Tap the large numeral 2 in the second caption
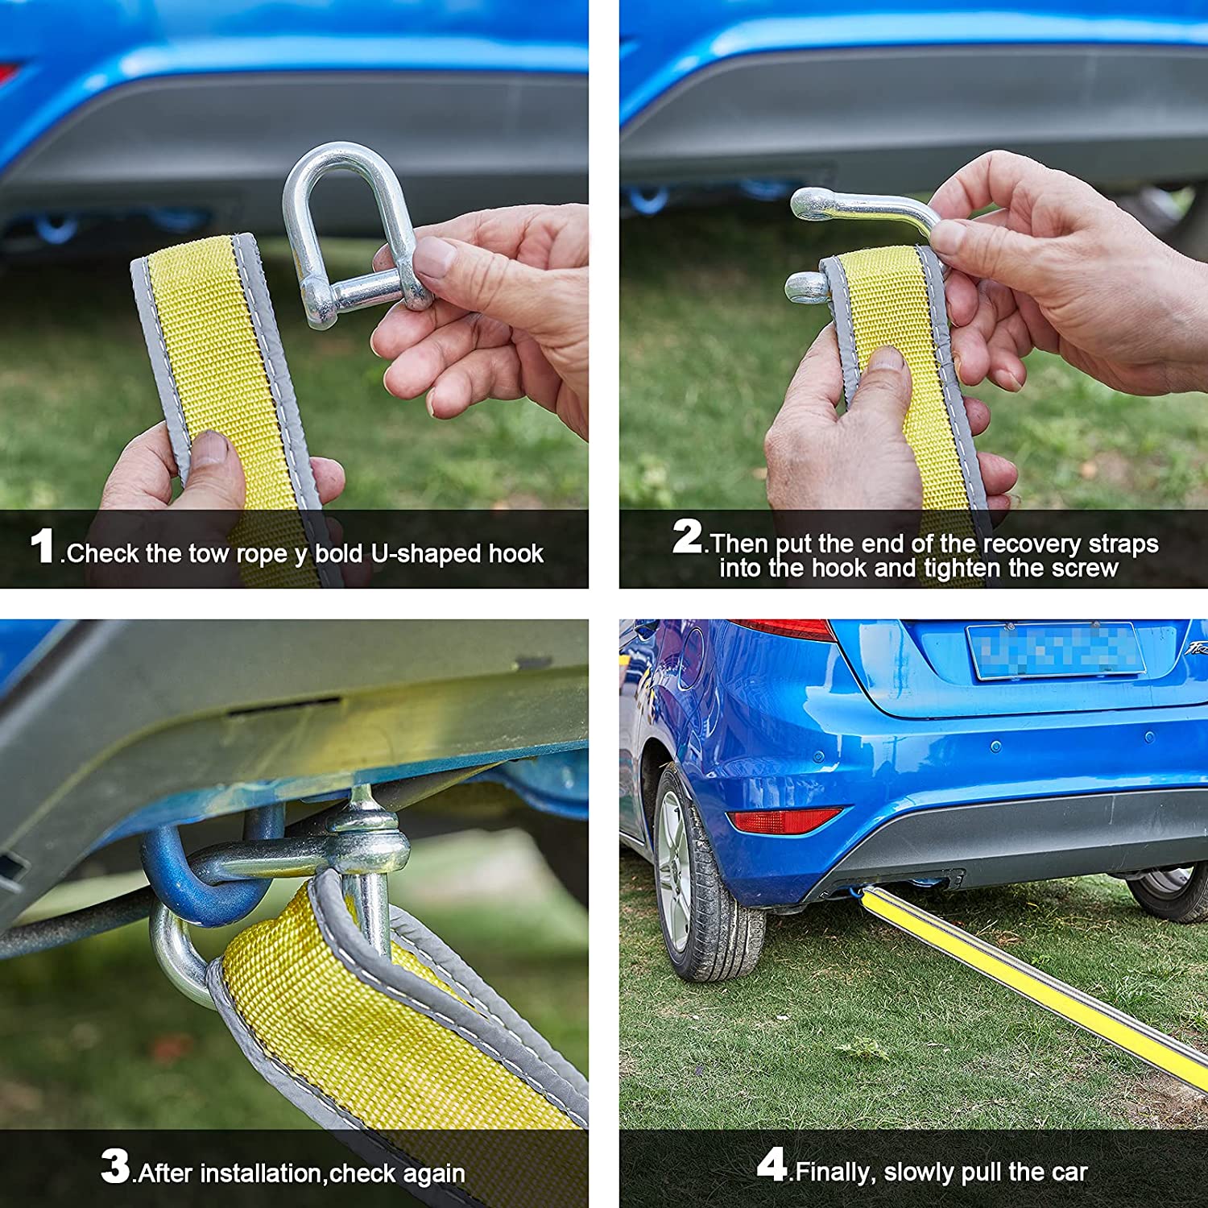(x=687, y=536)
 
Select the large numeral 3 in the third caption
(x=115, y=1165)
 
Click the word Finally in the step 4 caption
(x=834, y=1173)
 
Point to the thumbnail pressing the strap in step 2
(x=886, y=359)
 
